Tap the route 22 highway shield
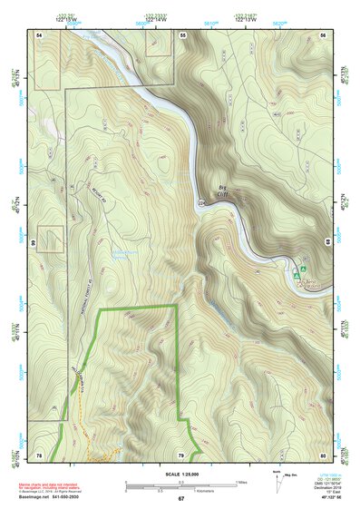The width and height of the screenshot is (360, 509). click(201, 203)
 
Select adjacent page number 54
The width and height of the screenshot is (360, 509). click(40, 34)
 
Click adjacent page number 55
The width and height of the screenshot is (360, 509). click(182, 34)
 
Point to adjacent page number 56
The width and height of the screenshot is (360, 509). click(322, 34)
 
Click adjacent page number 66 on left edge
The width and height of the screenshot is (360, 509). click(32, 244)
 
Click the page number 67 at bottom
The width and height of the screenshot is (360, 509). click(180, 499)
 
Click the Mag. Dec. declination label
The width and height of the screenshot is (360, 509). click(291, 475)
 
